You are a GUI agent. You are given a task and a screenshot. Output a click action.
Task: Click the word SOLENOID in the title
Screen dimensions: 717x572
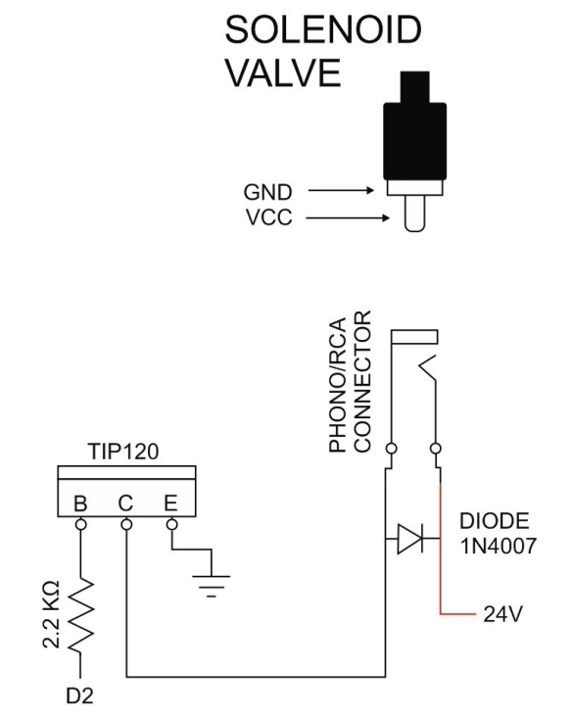coord(324,31)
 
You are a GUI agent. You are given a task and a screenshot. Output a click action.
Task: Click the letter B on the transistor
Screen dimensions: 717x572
coord(81,504)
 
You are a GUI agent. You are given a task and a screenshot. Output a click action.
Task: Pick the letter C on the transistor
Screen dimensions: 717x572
coord(126,504)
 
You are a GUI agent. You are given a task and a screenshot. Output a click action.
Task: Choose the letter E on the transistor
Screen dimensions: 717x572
coord(171,504)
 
